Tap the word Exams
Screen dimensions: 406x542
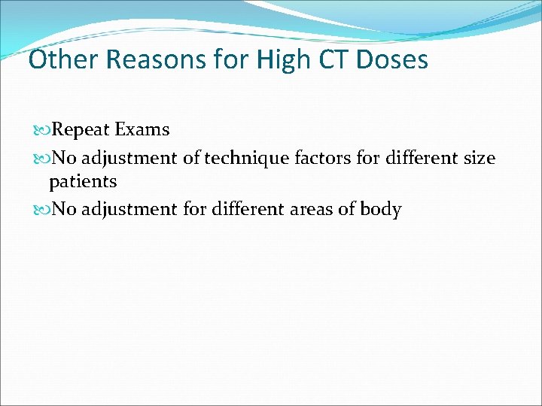(x=142, y=129)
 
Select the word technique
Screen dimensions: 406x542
(x=242, y=159)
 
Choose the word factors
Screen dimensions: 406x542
(x=322, y=158)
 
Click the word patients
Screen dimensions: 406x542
(x=83, y=182)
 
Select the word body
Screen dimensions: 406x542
(x=381, y=209)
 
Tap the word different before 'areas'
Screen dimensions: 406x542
(x=245, y=209)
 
